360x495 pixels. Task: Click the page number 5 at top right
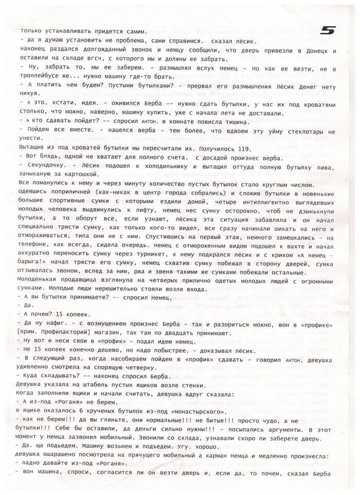coord(327,30)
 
